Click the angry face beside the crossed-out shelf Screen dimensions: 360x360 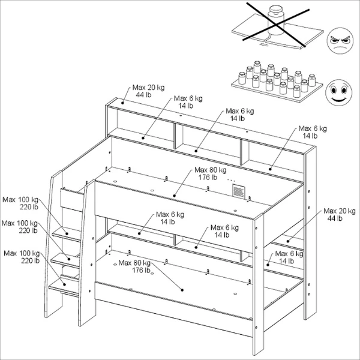pos(340,41)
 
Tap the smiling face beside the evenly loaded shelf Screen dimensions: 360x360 pos(338,92)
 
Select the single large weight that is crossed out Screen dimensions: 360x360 pos(276,20)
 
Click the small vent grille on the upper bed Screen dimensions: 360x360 pos(239,191)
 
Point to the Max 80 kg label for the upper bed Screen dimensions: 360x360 pos(211,173)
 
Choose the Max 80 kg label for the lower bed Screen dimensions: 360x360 pos(134,266)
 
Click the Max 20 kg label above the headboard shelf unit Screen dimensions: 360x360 pos(148,91)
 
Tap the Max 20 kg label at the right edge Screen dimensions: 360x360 pos(340,214)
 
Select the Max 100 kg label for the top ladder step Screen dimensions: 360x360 pos(20,203)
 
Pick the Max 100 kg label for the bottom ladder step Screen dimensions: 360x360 pos(22,257)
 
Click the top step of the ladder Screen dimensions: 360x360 pos(67,234)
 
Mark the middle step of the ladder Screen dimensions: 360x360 pos(65,260)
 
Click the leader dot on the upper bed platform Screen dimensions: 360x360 pos(174,196)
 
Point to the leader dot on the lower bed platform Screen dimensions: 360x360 pos(182,290)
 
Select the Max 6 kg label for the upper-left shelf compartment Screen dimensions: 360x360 pos(188,102)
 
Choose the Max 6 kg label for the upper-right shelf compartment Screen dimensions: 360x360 pos(313,132)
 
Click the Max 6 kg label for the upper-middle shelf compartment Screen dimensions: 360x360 pos(240,115)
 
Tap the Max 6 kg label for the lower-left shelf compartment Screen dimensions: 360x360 pos(170,218)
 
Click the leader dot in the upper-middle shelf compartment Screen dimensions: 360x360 pos(196,151)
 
